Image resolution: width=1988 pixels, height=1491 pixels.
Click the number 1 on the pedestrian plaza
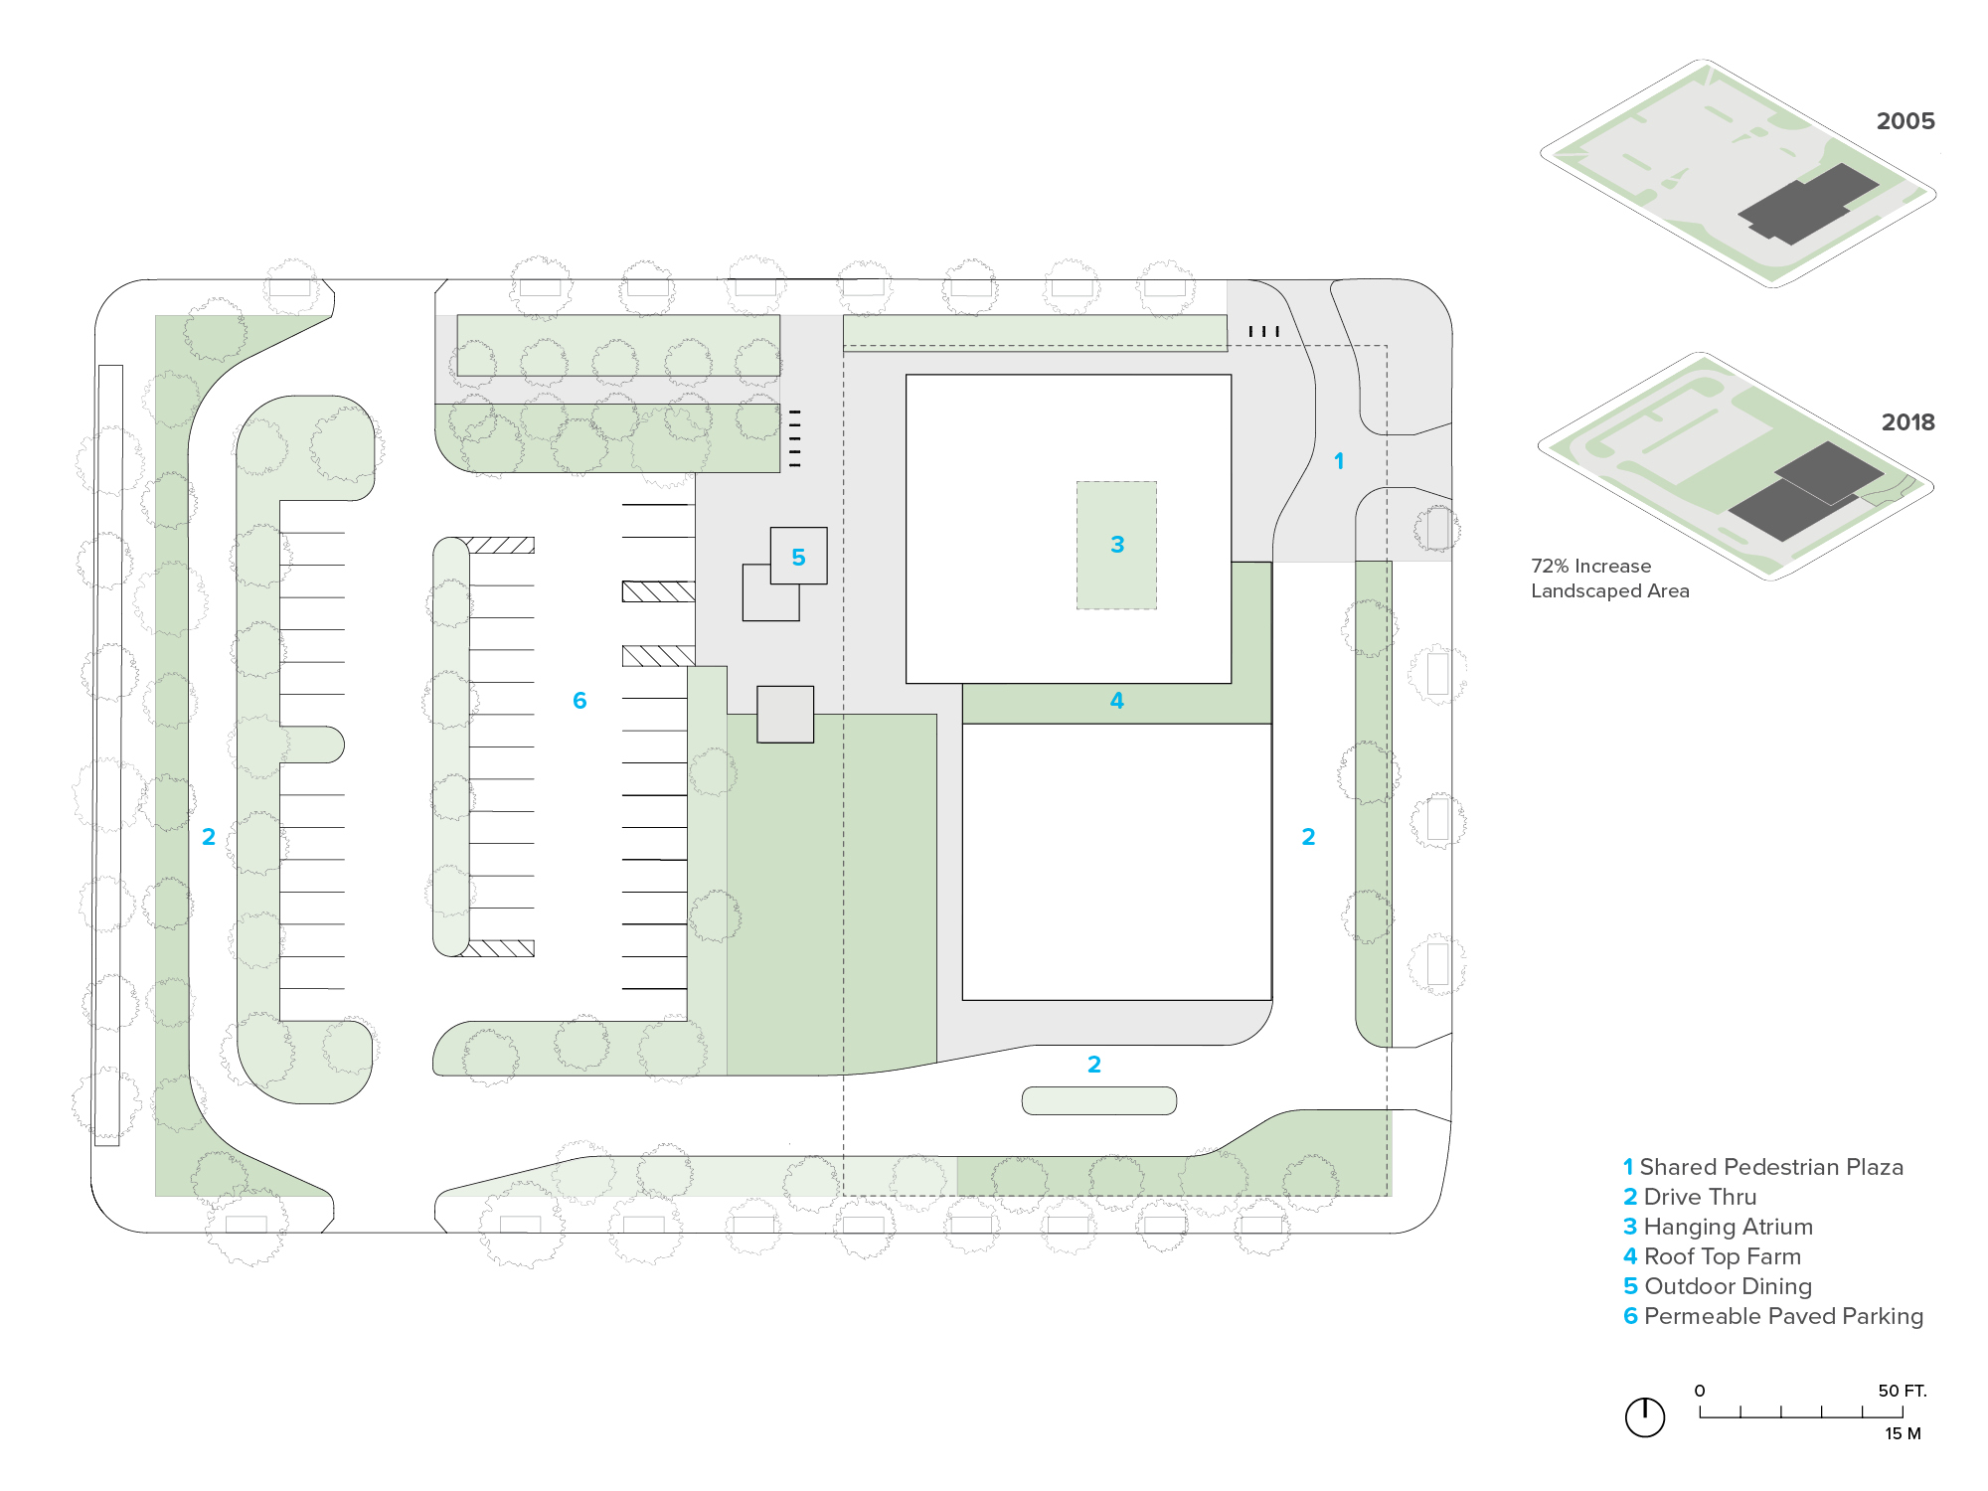[1339, 461]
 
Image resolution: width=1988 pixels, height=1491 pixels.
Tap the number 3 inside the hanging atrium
[1117, 545]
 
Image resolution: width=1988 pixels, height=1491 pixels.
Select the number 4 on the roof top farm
[1117, 701]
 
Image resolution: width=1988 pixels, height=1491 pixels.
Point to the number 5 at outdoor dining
[798, 558]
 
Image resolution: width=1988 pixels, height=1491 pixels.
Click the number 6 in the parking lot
[580, 701]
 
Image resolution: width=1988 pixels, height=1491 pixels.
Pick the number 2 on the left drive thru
[209, 837]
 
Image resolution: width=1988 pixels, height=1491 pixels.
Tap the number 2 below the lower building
[1094, 1065]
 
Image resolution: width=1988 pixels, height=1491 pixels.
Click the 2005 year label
[1905, 121]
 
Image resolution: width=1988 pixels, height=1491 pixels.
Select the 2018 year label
[1907, 422]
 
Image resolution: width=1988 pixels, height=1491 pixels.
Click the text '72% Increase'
[1590, 566]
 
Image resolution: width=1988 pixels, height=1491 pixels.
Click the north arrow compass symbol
[1645, 1416]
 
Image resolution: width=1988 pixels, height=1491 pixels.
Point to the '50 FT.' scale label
[1902, 1391]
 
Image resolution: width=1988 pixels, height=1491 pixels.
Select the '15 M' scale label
[1903, 1433]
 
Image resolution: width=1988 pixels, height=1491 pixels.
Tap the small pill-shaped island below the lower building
[1099, 1100]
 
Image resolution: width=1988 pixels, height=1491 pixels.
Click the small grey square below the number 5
[785, 715]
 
